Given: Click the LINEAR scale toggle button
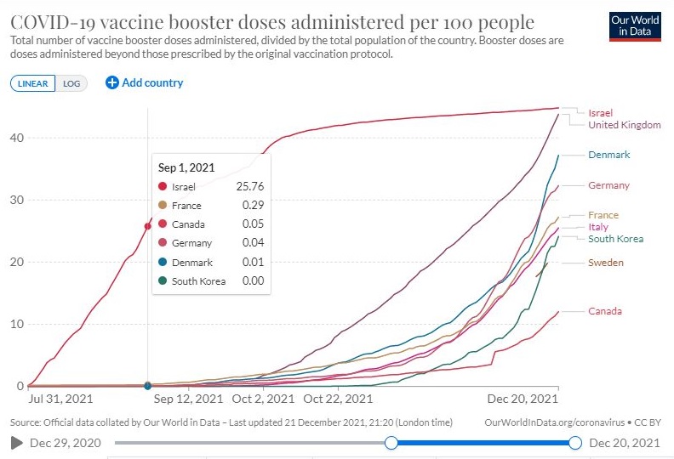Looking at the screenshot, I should click(x=33, y=83).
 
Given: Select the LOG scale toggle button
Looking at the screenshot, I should click(x=71, y=83).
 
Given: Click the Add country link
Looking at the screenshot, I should click(x=145, y=82).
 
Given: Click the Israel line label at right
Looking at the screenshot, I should click(x=600, y=113).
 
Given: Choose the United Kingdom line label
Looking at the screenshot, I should click(x=624, y=125).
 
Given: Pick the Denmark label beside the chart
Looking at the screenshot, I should click(x=608, y=155).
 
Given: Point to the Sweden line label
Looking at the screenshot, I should click(x=605, y=263).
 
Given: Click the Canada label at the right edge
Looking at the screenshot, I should click(x=604, y=311).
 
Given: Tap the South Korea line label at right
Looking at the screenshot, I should click(x=617, y=239).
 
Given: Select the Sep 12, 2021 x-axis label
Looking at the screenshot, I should click(x=189, y=398).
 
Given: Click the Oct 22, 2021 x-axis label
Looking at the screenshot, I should click(x=338, y=398).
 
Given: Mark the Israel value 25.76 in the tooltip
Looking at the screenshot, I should click(x=243, y=186).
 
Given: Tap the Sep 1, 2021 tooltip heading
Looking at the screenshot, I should click(x=185, y=167).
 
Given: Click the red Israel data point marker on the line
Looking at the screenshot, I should click(x=147, y=226).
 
